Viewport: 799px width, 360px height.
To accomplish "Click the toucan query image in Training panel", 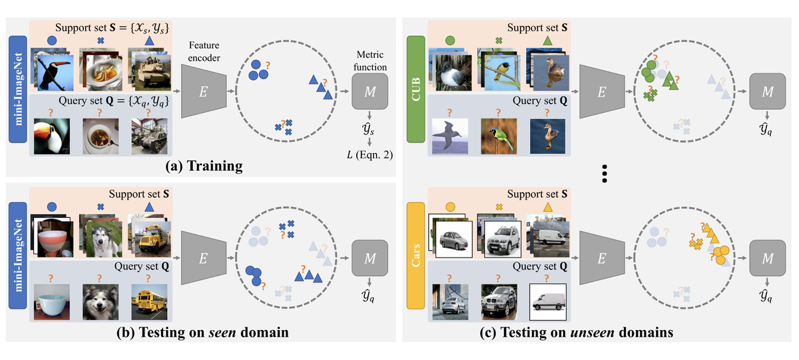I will [51, 136].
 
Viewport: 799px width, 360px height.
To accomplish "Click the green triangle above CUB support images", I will [547, 41].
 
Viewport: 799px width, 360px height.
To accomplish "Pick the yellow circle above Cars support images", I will [450, 207].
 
